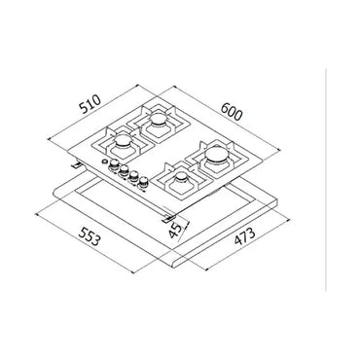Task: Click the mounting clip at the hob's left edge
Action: pyautogui.click(x=76, y=167)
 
